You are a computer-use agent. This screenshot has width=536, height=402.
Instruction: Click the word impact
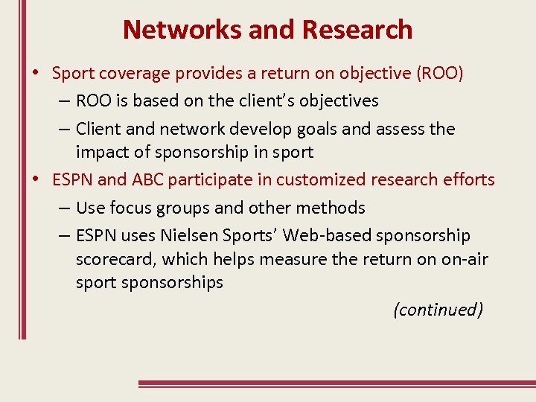click(x=102, y=153)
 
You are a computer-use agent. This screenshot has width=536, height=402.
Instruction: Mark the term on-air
click(x=463, y=260)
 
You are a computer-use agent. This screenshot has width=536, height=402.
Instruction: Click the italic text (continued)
click(x=438, y=310)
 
